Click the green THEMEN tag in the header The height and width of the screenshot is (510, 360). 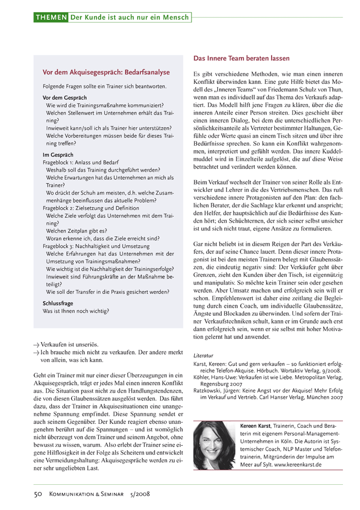(x=50, y=18)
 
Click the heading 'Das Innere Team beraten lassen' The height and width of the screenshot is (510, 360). (x=241, y=58)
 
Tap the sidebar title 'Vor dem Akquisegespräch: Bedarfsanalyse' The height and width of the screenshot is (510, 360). (x=106, y=72)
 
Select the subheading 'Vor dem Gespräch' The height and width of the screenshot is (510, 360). (x=65, y=97)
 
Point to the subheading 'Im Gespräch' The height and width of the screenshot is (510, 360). (x=58, y=155)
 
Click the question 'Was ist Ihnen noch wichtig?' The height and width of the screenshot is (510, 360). (x=76, y=311)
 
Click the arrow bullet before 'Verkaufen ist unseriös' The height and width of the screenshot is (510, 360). (x=36, y=345)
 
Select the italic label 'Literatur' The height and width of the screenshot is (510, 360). (x=204, y=354)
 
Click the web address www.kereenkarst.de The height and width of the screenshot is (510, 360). (x=297, y=464)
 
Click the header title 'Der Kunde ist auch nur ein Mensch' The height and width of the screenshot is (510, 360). (x=130, y=18)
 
